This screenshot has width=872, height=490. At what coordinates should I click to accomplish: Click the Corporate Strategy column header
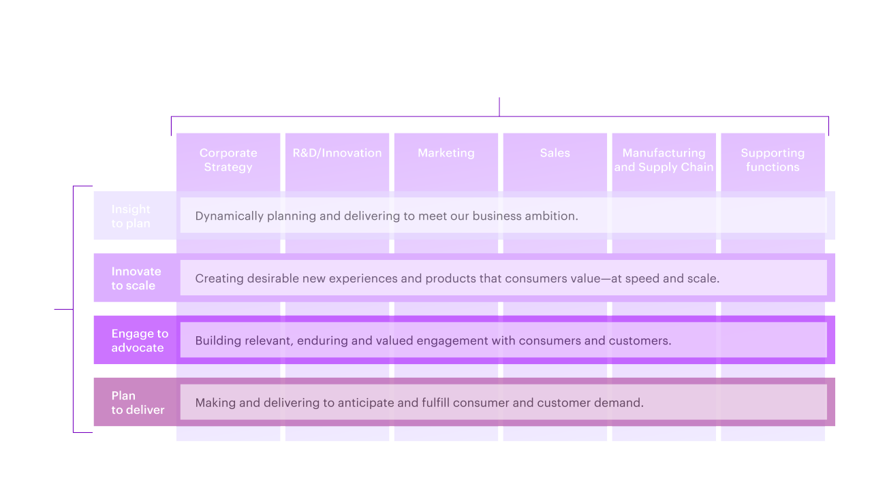[x=228, y=160]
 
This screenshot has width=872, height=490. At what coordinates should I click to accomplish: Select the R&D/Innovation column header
[x=337, y=153]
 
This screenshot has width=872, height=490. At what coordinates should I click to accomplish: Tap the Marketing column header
[x=446, y=153]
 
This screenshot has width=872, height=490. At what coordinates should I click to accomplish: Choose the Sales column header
[x=555, y=153]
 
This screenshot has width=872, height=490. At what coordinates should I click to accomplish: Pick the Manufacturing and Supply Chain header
[x=664, y=160]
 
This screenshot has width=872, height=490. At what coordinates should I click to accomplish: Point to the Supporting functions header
[x=773, y=160]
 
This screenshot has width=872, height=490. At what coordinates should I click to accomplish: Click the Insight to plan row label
[x=131, y=216]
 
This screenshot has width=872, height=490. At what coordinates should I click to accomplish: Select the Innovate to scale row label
[x=136, y=278]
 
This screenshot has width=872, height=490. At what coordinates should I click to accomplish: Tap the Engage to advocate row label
[x=139, y=340]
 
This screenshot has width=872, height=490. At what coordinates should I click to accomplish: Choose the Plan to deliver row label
[x=138, y=403]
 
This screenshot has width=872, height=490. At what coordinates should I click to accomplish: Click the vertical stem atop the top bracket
[x=499, y=107]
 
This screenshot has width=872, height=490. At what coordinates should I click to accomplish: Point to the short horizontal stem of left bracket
[x=63, y=310]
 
